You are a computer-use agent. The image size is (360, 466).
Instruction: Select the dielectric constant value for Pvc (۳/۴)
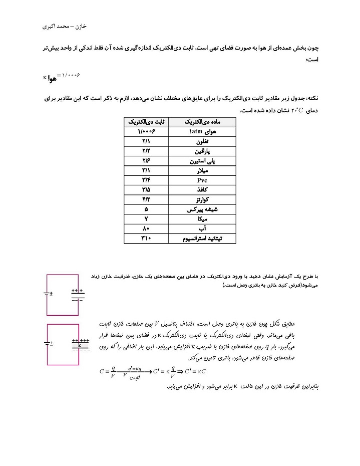[146, 180]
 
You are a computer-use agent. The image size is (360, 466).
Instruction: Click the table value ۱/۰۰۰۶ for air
[146, 131]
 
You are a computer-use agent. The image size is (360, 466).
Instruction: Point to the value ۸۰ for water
[146, 228]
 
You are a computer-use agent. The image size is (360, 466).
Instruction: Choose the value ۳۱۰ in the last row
[146, 239]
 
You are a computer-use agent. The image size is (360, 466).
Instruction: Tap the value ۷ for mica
[146, 219]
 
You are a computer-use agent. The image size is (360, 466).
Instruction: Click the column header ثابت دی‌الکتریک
[146, 122]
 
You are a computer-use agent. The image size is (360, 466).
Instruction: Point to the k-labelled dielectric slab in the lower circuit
[80, 345]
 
